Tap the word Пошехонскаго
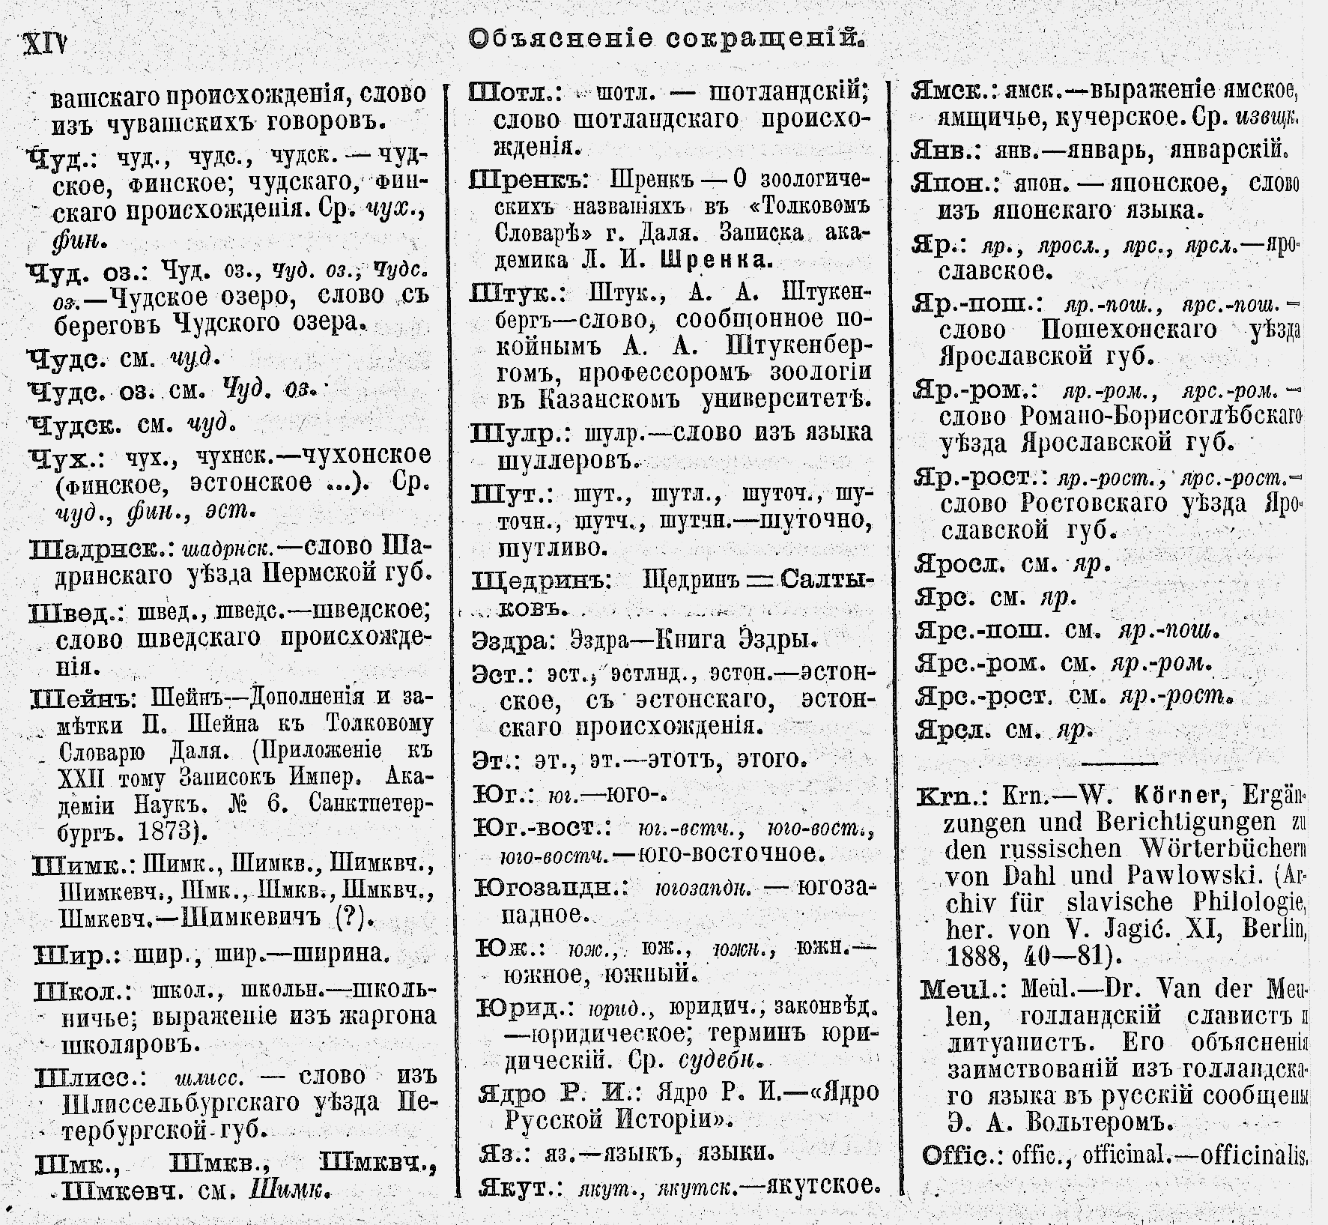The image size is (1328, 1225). point(1129,330)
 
